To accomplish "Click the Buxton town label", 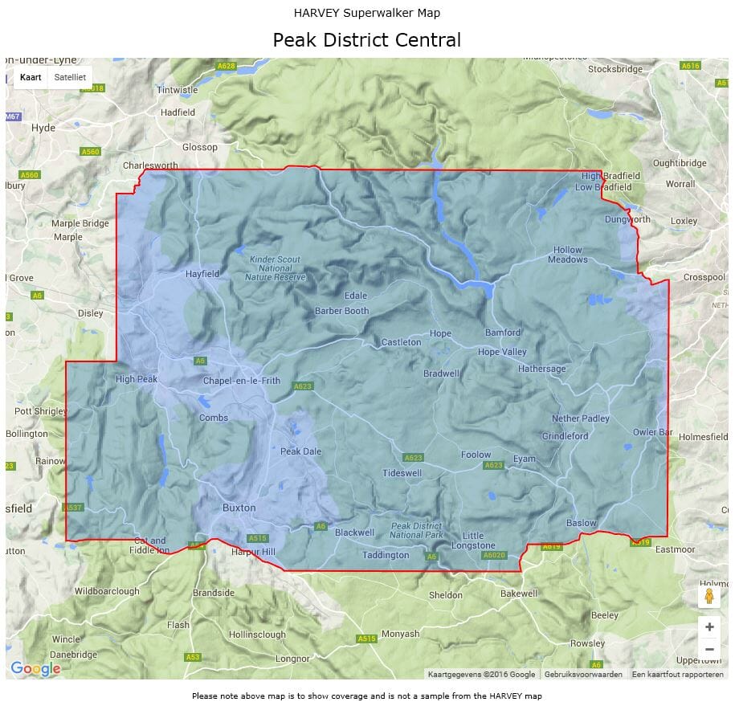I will tap(239, 508).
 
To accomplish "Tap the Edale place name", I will tap(355, 296).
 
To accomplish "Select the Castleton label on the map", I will tap(401, 342).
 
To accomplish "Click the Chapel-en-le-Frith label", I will tap(242, 381).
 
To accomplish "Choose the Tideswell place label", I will tap(402, 473).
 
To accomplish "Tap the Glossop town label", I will tap(200, 147).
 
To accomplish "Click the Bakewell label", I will tap(519, 594).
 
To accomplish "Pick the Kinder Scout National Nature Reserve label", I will tap(276, 268).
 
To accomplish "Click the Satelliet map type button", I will tap(70, 77).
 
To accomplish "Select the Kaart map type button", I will tap(31, 77).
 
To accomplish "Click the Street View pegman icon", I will tap(708, 596).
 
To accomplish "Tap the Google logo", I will tap(35, 668).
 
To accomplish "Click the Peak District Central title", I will tap(367, 40).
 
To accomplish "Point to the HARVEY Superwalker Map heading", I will tap(367, 13).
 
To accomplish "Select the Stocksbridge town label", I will tap(615, 69).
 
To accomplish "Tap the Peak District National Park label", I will tap(417, 530).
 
